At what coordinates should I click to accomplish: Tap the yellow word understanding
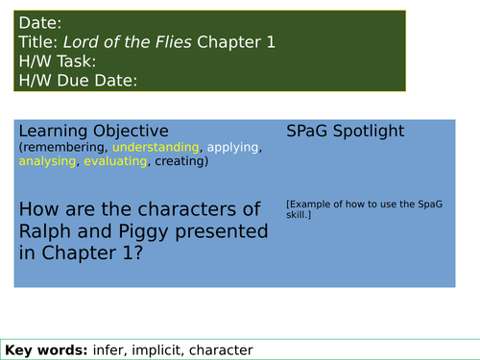tap(156, 148)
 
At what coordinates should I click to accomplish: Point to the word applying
tap(232, 148)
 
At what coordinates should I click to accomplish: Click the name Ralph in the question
tap(46, 231)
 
